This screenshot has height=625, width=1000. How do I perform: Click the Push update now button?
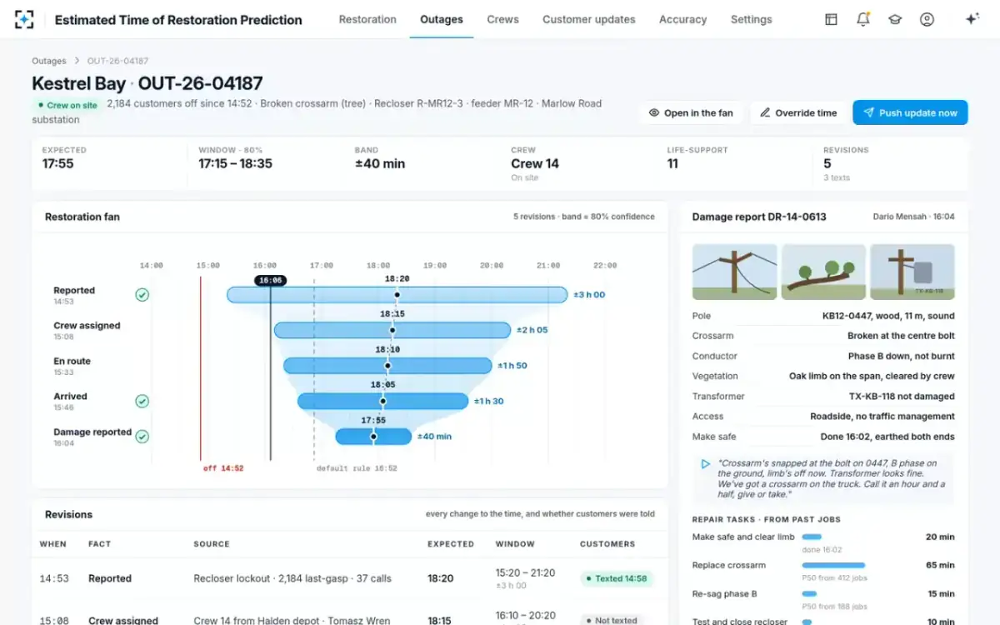point(910,112)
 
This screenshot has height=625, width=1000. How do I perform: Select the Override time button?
point(798,113)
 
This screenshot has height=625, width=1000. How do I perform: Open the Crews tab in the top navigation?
point(502,20)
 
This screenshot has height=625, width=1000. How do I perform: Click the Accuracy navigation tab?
point(682,20)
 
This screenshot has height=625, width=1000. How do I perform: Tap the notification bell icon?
point(863,19)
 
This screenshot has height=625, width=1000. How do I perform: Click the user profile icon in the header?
point(927,19)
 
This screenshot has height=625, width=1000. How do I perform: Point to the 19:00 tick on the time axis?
point(435,265)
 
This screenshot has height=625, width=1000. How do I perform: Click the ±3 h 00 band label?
point(589,295)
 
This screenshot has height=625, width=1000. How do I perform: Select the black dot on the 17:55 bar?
point(373,437)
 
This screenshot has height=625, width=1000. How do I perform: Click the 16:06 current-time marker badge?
point(271,280)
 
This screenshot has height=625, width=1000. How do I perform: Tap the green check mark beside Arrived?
point(142,401)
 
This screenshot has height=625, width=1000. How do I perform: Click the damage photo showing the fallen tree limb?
point(823,272)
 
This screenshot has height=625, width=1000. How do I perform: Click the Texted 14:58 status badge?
point(617,578)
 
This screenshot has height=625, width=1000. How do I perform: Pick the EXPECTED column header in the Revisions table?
point(451,543)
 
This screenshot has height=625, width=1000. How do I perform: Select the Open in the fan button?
point(691,113)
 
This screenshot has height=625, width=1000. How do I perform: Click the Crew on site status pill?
point(67,105)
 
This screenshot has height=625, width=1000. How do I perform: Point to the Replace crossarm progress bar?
point(833,565)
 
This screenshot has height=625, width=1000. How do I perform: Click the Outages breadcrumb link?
point(48,61)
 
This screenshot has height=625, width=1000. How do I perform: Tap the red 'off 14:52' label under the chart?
point(223,468)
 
